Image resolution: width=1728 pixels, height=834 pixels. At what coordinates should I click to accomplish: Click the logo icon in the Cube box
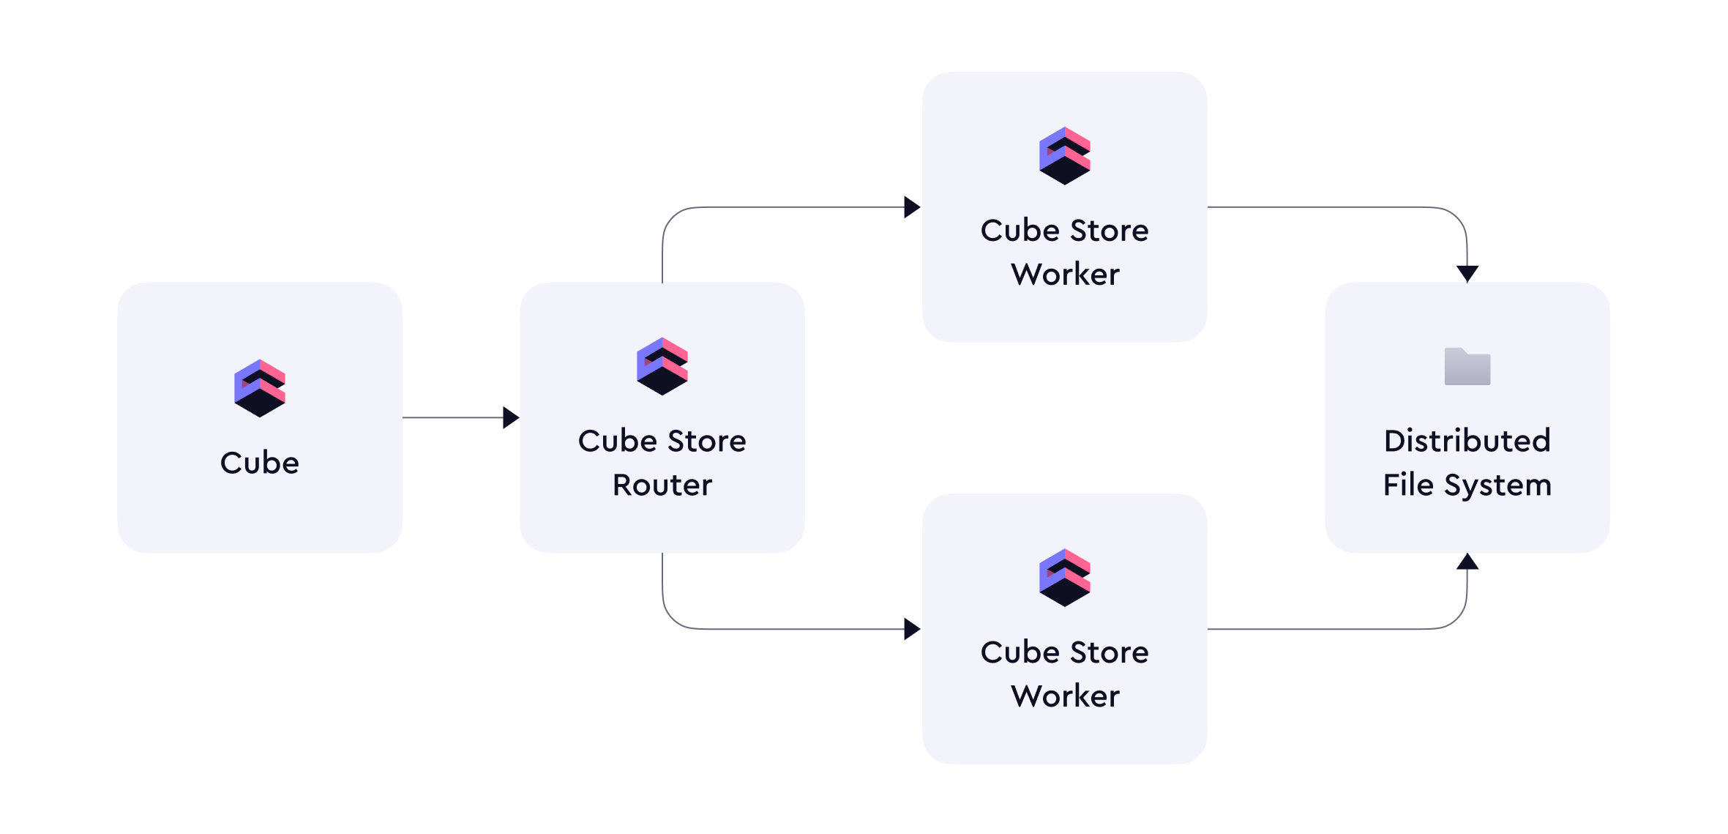260,388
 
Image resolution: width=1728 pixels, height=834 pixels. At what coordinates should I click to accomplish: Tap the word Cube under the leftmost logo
260,463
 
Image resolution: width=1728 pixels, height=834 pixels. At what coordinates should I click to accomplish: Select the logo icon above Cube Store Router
662,366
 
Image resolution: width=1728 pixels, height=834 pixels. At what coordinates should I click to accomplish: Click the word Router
662,485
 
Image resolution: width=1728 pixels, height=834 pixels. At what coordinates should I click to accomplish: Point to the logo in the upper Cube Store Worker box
1065,155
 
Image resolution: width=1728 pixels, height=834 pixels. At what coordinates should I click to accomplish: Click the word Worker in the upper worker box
1065,275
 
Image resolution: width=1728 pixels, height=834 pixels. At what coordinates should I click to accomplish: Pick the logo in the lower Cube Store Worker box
1065,577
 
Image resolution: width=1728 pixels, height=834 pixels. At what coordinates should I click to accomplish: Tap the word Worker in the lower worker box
1065,696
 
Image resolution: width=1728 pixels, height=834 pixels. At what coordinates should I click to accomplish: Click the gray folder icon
1467,366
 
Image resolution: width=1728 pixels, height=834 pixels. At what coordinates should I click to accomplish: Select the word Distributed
1467,441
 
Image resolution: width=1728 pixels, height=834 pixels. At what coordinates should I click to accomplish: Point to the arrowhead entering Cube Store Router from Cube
511,417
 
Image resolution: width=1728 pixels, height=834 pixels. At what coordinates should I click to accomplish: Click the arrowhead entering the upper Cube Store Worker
912,207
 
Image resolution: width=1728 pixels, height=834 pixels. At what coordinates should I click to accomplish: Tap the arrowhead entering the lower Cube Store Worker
912,629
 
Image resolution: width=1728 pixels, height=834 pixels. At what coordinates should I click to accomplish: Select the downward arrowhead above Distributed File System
1467,274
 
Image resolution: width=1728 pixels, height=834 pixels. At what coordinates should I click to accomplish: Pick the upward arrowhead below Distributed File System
1467,562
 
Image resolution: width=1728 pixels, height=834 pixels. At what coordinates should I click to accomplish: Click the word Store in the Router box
706,441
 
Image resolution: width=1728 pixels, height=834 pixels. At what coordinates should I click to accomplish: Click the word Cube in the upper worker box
1020,231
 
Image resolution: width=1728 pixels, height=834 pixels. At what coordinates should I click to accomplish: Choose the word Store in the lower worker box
1109,652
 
